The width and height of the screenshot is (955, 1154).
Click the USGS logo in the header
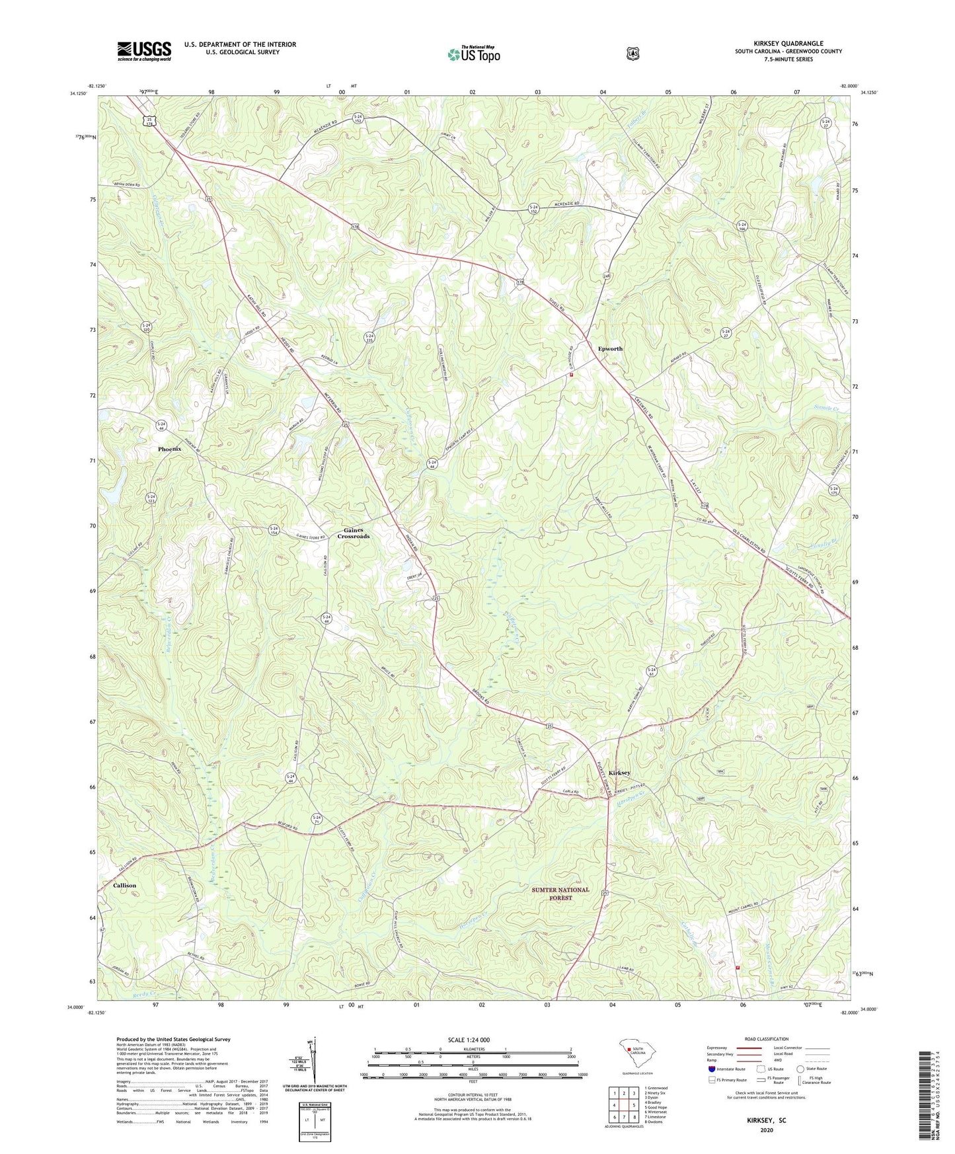144,51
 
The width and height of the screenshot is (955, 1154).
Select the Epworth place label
610,348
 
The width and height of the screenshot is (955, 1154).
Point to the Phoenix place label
169,449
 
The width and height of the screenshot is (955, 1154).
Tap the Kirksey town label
619,773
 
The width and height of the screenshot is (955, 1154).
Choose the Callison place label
124,885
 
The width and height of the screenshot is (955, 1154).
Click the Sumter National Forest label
560,894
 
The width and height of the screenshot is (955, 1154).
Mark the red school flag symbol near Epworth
571,375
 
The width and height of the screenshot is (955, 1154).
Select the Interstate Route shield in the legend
710,1068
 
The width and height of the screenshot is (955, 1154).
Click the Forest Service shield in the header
633,54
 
